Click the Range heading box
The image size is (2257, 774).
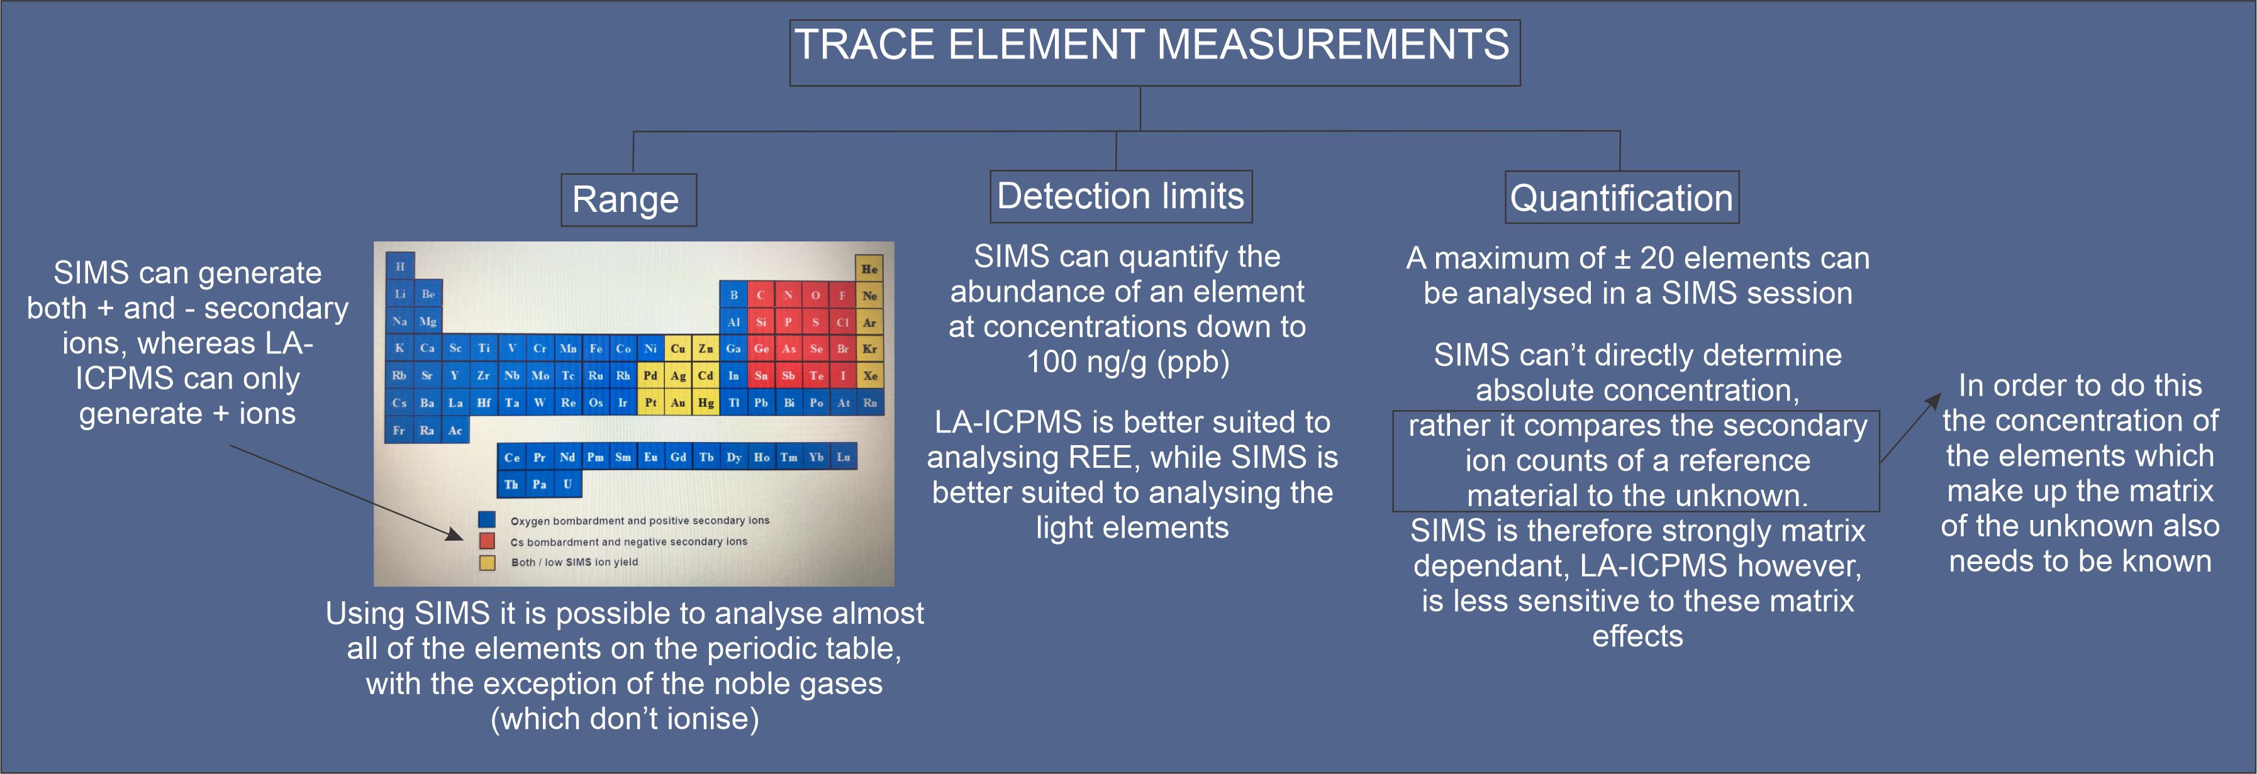[628, 199]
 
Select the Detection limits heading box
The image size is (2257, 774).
[1120, 196]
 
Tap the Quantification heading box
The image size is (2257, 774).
[1621, 197]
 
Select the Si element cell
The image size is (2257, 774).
[761, 322]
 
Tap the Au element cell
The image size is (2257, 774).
[678, 403]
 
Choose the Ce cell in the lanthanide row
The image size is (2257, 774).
[511, 457]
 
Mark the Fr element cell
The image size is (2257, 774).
[399, 430]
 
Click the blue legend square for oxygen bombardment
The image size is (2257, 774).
[487, 519]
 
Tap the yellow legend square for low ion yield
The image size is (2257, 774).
[487, 562]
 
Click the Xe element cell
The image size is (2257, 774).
[870, 375]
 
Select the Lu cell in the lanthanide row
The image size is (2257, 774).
[843, 457]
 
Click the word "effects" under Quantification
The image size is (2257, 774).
[1637, 636]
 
